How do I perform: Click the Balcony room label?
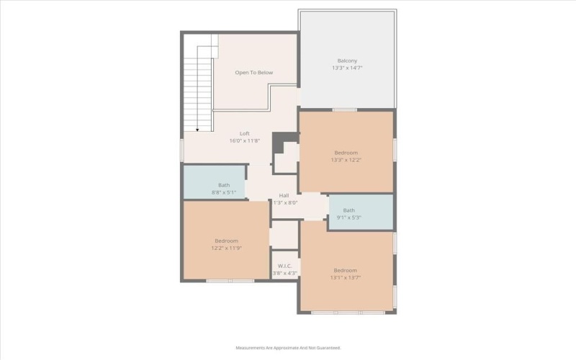pyautogui.click(x=347, y=60)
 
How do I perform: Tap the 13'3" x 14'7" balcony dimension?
pyautogui.click(x=347, y=68)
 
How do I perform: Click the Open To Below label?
pyautogui.click(x=253, y=73)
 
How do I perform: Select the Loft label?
pyautogui.click(x=244, y=133)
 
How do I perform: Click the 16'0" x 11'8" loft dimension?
pyautogui.click(x=244, y=141)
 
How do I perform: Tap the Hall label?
pyautogui.click(x=284, y=195)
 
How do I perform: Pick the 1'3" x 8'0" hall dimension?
pyautogui.click(x=285, y=203)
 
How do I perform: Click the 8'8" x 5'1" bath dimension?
pyautogui.click(x=224, y=193)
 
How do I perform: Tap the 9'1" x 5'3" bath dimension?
pyautogui.click(x=348, y=218)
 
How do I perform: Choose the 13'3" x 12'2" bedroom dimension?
pyautogui.click(x=346, y=161)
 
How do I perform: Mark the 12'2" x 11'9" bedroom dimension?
pyautogui.click(x=225, y=248)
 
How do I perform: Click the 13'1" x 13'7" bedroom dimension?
pyautogui.click(x=346, y=278)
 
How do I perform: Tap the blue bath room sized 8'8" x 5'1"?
pyautogui.click(x=214, y=181)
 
